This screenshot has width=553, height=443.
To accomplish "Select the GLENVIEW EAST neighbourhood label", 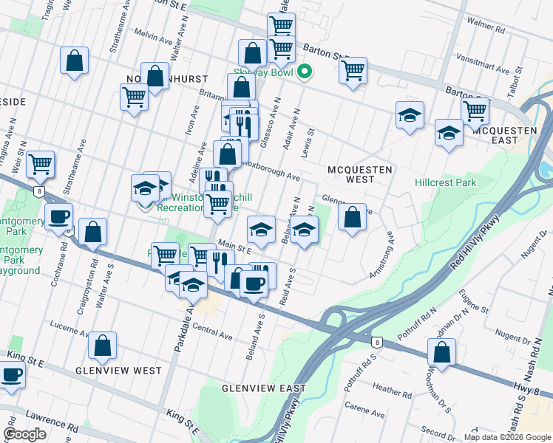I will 264,388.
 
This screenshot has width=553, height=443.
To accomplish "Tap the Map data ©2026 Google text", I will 507,436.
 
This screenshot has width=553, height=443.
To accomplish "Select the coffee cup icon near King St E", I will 11,374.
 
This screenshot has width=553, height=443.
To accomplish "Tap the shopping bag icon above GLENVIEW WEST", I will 102,345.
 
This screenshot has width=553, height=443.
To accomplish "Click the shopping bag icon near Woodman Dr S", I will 441,351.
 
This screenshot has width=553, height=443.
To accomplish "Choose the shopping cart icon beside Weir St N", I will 40,164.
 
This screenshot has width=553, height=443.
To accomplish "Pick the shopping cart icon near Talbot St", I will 475,110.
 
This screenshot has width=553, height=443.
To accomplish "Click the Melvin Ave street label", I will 153,35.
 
